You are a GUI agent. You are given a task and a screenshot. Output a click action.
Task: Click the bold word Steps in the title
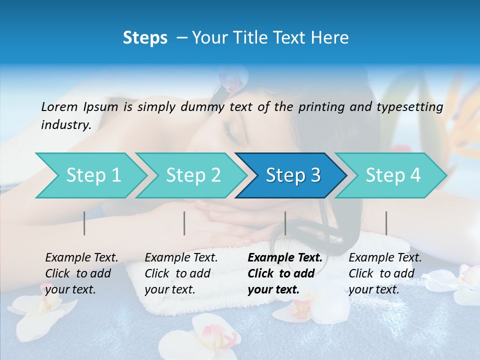click(x=145, y=38)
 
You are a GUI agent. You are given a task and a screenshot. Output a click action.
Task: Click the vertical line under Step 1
click(x=84, y=223)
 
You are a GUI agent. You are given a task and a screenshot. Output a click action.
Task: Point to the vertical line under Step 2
click(x=184, y=223)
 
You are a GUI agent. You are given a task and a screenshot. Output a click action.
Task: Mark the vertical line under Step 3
click(x=285, y=223)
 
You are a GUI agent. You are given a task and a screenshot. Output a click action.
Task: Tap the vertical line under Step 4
click(x=386, y=223)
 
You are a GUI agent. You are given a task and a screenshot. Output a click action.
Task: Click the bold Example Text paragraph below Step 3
click(x=284, y=273)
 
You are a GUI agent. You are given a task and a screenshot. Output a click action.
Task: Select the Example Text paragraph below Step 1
click(x=81, y=273)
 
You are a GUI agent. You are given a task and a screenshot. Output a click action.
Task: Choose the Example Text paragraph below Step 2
click(x=181, y=273)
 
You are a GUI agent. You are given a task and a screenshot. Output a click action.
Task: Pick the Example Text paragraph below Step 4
click(x=384, y=273)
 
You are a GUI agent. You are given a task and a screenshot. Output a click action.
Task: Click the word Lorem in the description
click(x=59, y=106)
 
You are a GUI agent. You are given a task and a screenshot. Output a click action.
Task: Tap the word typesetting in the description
click(x=412, y=107)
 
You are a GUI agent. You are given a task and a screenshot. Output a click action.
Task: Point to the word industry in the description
click(x=65, y=125)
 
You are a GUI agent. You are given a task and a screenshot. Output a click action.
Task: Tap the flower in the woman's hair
click(x=231, y=80)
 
